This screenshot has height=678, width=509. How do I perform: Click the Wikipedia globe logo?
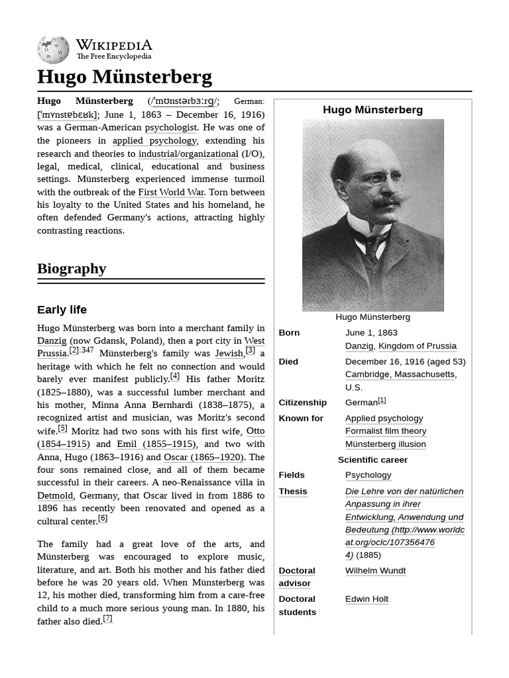pos(53,50)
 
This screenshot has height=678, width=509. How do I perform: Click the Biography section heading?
pos(72,268)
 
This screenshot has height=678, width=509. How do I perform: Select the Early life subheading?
pos(62,310)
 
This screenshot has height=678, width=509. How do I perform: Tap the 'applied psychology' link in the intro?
pos(154,140)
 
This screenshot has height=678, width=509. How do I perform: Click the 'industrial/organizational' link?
pos(188,154)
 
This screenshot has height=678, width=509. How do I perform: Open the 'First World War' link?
pos(171,192)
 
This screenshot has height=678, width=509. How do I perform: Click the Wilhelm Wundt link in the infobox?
pos(375,571)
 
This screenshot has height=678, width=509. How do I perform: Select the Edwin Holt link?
pos(367,599)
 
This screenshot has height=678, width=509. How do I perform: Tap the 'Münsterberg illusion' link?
pos(385,444)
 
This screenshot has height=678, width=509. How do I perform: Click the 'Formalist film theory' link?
pos(386,431)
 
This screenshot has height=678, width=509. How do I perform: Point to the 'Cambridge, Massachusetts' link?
pos(400,375)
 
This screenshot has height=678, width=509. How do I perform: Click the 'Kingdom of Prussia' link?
pos(417,346)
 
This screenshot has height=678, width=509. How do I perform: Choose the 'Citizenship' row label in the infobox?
pos(302,403)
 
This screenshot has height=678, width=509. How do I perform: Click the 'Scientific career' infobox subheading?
pos(372,460)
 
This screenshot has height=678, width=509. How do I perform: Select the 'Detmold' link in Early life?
pos(55,495)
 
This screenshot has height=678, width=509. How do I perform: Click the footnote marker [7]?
pos(107,619)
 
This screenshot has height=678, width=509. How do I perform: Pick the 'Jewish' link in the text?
pos(229,354)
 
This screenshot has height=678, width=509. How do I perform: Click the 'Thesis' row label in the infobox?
pos(292,491)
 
